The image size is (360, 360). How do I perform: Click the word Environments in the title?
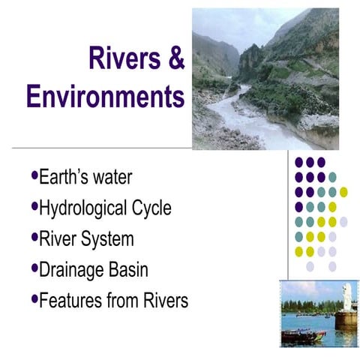(104, 97)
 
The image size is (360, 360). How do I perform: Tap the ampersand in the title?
(175, 58)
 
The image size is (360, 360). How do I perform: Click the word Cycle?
(147, 208)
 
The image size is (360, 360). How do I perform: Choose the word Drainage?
(70, 269)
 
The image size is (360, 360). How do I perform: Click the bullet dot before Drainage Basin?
(34, 267)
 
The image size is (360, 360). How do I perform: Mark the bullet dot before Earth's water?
(34, 176)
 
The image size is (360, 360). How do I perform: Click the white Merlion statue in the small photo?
(347, 296)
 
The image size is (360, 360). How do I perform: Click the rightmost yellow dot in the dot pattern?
(343, 192)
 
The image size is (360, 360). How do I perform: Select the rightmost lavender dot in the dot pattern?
(343, 222)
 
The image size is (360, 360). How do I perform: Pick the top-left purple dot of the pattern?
(298, 162)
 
